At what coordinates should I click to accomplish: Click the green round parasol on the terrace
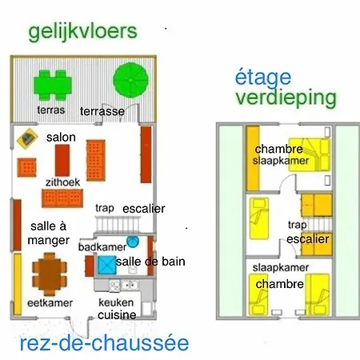[x=130, y=80]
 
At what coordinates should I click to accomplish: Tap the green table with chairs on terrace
[x=53, y=85]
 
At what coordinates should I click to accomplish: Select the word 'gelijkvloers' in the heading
[x=82, y=33]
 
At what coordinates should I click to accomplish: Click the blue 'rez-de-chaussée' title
[x=104, y=343]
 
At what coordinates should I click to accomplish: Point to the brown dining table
[x=50, y=274]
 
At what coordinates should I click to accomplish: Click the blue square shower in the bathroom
[x=107, y=266]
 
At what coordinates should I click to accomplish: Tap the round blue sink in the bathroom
[x=133, y=242]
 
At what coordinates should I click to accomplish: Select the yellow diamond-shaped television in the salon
[x=27, y=138]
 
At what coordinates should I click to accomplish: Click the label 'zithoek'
[x=62, y=182]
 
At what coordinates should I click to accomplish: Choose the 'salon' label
[x=61, y=138]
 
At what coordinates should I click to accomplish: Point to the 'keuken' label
[x=116, y=302]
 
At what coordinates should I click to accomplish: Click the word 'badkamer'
[x=102, y=247]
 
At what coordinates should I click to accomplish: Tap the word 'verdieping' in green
[x=286, y=98]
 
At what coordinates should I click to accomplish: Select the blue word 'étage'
[x=263, y=77]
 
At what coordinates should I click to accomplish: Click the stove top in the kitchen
[x=114, y=286]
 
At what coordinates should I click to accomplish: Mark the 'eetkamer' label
[x=50, y=303]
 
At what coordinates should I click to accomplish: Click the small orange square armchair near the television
[x=27, y=167]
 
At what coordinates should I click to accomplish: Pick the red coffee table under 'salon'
[x=62, y=160]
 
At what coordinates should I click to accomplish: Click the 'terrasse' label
[x=102, y=111]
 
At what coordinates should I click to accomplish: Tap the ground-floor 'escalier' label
[x=144, y=209]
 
